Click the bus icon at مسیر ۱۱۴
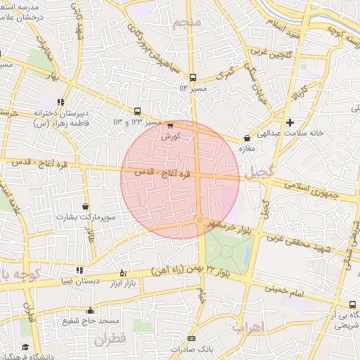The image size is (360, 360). click(193, 78)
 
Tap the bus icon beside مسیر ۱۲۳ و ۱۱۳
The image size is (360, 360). click(137, 110)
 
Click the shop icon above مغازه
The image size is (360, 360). click(246, 139)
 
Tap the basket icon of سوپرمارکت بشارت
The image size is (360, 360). click(86, 207)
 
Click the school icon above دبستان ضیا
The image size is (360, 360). click(79, 269)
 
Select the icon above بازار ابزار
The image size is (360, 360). click(123, 273)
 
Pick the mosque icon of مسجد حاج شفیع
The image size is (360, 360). click(89, 310)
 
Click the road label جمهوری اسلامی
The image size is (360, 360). click(317, 188)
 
